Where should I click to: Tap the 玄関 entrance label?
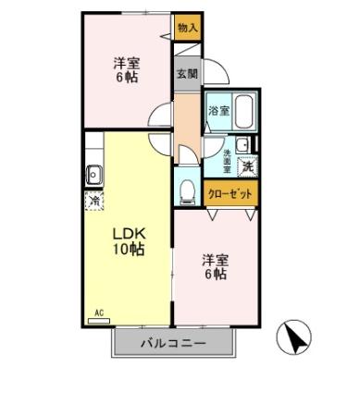click(187, 74)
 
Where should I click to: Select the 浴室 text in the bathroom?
click(217, 111)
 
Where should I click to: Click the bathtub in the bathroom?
click(243, 112)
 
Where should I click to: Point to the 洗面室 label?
click(228, 161)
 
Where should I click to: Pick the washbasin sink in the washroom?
click(243, 143)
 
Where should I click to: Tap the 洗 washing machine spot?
click(247, 167)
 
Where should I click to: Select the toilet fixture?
click(185, 190)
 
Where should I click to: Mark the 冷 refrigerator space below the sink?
click(93, 201)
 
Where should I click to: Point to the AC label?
click(98, 312)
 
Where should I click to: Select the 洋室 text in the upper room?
click(127, 63)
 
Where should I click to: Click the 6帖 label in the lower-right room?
click(217, 275)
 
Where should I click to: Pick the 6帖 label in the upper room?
click(127, 79)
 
